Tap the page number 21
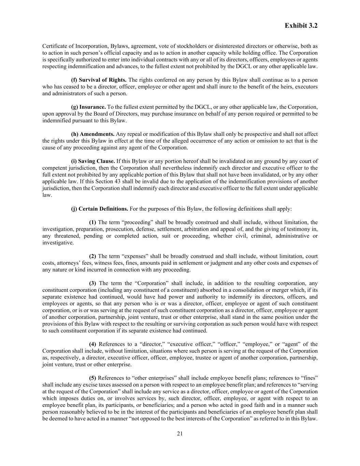[180, 434]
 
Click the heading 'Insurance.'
[88, 107]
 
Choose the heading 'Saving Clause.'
[93, 161]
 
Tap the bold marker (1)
[92, 222]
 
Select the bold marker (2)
[92, 256]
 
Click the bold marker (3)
[92, 283]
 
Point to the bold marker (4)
[92, 344]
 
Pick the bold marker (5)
[92, 378]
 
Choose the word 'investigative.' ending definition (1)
[58, 243]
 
